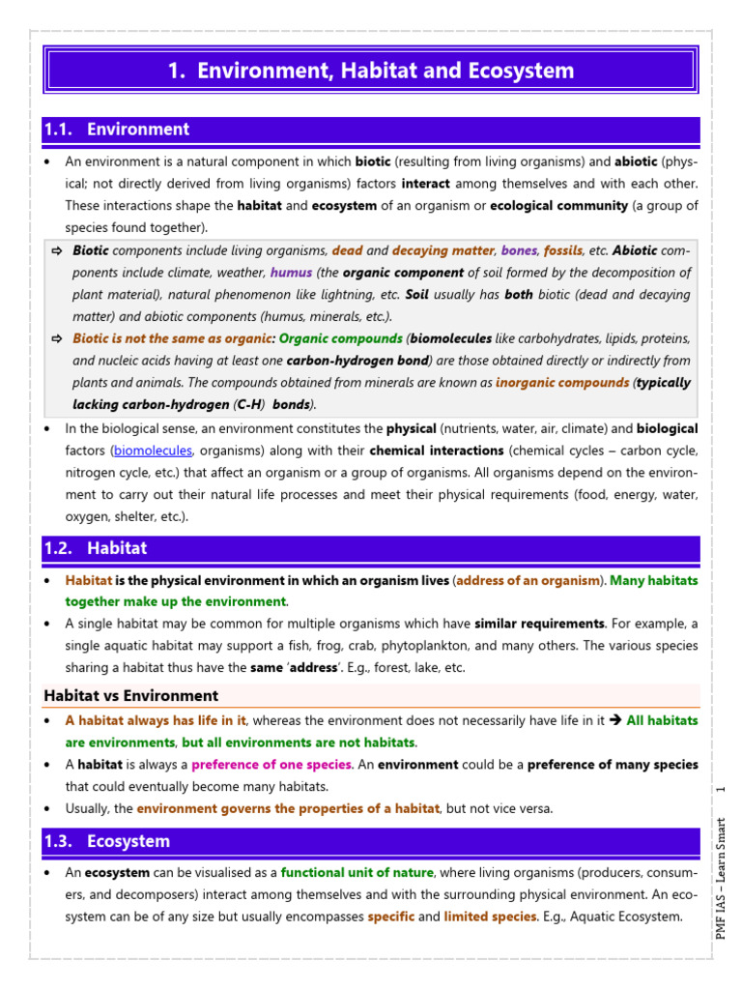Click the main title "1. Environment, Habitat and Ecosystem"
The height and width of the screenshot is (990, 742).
371,71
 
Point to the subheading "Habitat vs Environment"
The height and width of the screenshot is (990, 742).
131,695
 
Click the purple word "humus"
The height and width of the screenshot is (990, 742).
291,273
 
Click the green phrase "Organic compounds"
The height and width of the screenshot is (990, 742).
341,339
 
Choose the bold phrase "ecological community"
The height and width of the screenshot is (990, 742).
558,206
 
